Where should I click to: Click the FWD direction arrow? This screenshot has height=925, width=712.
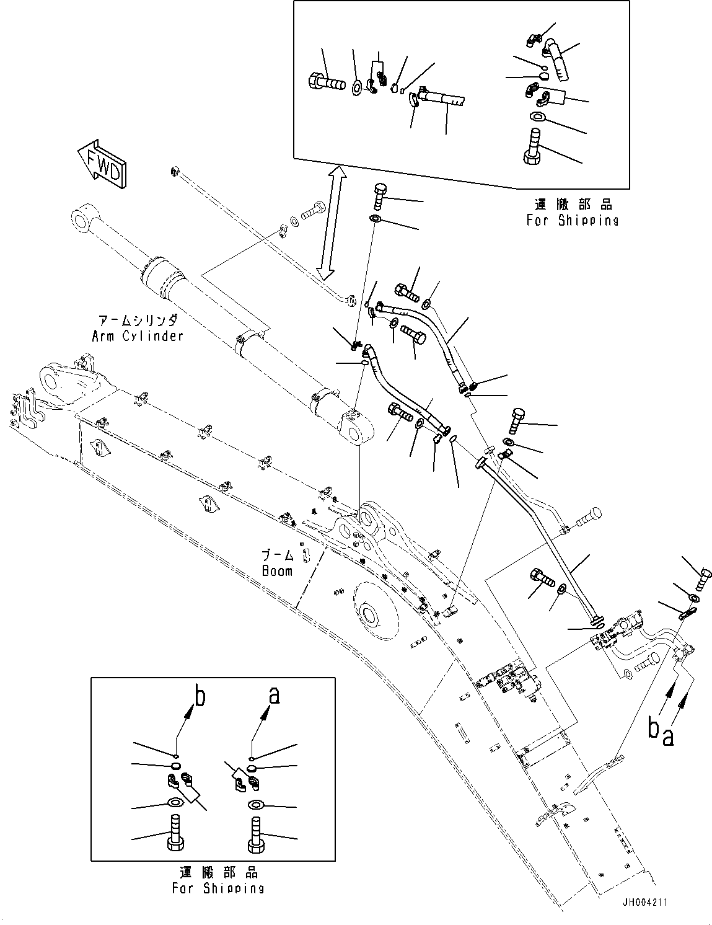[102, 164]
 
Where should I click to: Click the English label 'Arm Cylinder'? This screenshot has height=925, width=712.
[138, 336]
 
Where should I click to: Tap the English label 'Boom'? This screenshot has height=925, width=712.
[278, 571]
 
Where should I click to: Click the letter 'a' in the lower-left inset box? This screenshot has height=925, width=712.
[275, 697]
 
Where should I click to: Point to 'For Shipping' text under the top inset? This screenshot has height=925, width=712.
[573, 220]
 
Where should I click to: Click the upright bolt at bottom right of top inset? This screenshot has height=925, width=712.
[533, 146]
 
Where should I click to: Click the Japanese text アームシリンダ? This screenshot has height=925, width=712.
[138, 320]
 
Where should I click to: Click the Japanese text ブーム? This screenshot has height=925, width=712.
[278, 555]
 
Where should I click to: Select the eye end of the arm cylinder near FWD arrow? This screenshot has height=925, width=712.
[84, 219]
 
